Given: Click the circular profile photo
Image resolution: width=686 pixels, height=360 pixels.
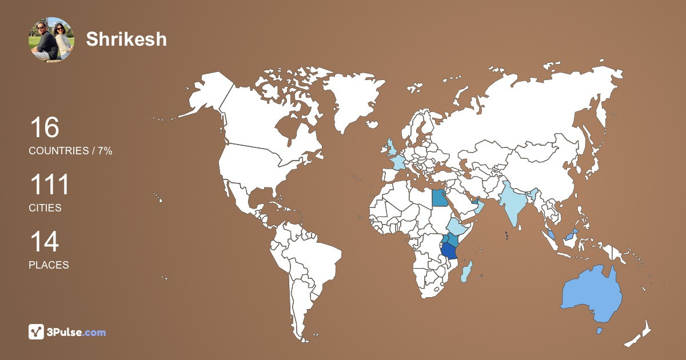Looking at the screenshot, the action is [x=51, y=39].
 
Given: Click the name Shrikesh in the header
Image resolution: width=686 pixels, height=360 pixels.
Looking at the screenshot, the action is [x=126, y=39].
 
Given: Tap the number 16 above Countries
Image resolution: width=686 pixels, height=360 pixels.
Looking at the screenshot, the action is [x=44, y=127].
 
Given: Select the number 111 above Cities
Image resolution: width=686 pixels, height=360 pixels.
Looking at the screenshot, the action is [x=49, y=185].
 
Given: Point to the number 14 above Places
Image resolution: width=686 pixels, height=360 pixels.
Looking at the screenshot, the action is [x=44, y=242].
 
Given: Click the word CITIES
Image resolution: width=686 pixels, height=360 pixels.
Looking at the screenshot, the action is [x=45, y=208].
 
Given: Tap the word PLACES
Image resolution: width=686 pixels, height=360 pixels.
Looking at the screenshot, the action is [x=49, y=265].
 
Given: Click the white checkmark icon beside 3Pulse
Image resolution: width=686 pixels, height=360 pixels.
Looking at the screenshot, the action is [x=36, y=331].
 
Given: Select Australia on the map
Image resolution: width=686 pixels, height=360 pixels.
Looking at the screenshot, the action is [x=592, y=294].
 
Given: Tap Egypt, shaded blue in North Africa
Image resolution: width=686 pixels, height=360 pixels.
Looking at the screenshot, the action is [x=440, y=198].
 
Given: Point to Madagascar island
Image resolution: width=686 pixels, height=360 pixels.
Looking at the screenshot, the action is [x=467, y=270].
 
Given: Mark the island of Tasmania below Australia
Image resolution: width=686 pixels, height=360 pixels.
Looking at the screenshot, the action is [x=600, y=331].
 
